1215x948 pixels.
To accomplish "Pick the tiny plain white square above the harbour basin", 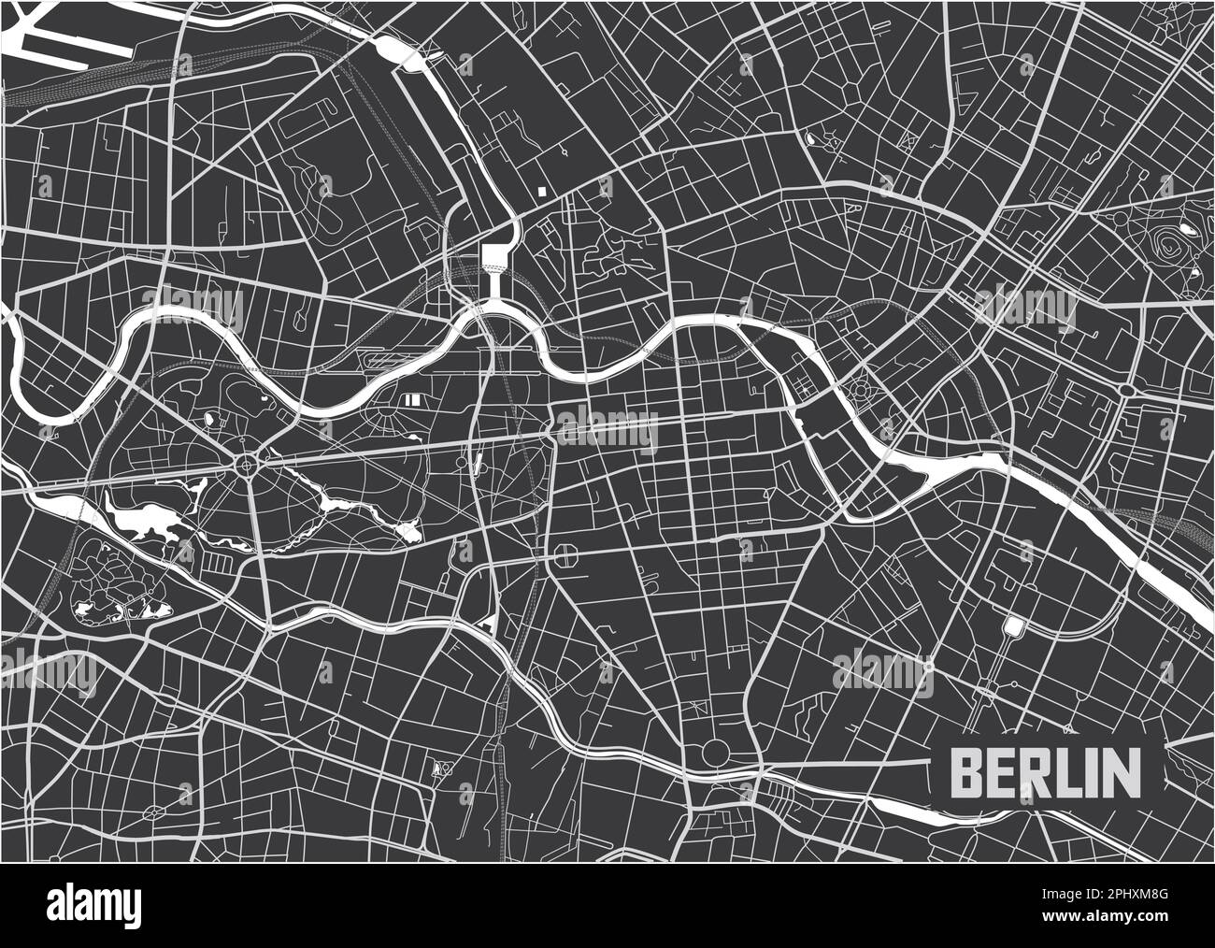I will [541, 190].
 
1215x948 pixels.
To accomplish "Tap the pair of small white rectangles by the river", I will [412, 399].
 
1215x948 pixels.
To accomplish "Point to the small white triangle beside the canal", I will [486, 623].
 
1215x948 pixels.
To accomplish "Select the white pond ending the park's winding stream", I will [407, 533].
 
